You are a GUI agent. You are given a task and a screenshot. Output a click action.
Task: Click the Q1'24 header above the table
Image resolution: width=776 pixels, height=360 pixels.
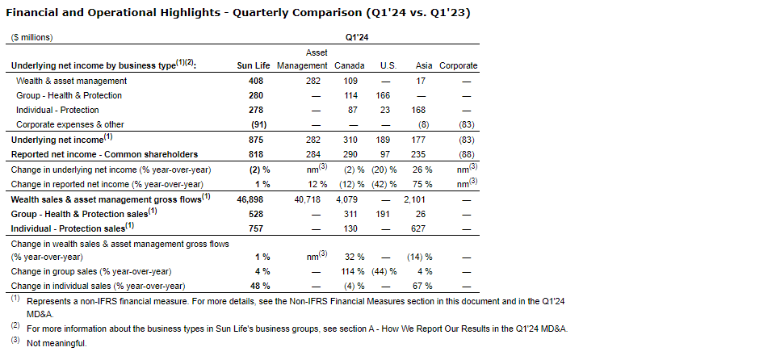[356, 37]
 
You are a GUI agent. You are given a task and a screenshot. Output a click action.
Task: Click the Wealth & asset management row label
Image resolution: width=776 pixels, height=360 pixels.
[72, 81]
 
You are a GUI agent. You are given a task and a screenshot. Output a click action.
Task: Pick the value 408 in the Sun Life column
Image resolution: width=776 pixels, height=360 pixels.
[256, 81]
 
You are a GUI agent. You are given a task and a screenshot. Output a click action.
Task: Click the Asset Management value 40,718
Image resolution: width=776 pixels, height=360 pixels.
[305, 199]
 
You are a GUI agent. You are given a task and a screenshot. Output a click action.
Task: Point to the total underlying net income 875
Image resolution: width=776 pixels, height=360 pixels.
[256, 140]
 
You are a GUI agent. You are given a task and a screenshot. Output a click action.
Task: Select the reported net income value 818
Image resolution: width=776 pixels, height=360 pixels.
[256, 154]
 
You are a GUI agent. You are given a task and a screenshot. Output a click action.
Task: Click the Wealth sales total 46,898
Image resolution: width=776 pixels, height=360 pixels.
[253, 199]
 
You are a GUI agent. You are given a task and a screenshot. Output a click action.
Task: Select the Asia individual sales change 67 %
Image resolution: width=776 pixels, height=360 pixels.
[423, 286]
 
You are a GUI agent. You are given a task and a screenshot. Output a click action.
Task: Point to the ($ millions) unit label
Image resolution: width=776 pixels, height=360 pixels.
[31, 37]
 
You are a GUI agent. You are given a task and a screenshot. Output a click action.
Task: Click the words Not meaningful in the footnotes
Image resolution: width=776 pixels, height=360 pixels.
[56, 343]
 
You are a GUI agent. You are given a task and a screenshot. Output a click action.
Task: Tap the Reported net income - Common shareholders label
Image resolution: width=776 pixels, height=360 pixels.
[104, 154]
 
